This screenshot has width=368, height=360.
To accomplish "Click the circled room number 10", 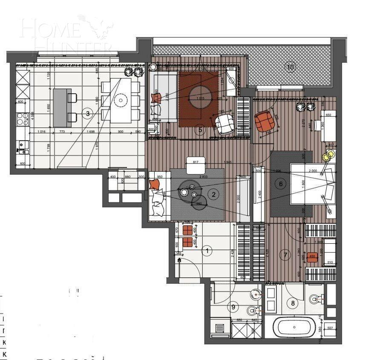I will point(290,66).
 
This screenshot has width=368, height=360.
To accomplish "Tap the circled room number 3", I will point(87,113).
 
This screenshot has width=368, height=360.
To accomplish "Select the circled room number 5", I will point(200,130).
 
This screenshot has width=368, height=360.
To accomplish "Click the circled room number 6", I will point(280,184).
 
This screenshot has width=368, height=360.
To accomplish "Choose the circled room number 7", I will point(286,255).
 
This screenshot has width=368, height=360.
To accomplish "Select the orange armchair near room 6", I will point(264,121).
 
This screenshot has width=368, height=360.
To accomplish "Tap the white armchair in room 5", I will point(224,125).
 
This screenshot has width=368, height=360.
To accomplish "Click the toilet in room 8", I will point(315,300).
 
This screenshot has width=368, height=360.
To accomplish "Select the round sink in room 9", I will point(255,294).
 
